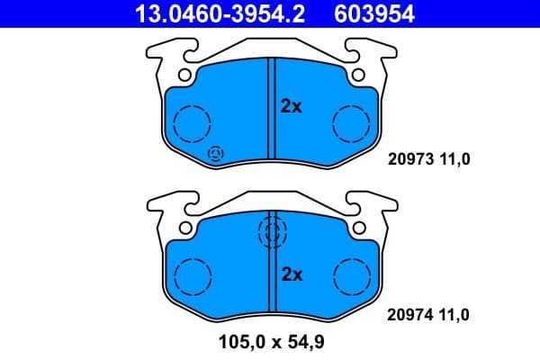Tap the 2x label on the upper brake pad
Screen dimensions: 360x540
290,106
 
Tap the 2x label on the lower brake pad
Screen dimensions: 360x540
291,274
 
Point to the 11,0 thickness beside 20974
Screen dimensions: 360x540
454,315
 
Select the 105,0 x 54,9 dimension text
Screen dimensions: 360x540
270,342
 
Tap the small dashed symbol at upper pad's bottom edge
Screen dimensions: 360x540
216,154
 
